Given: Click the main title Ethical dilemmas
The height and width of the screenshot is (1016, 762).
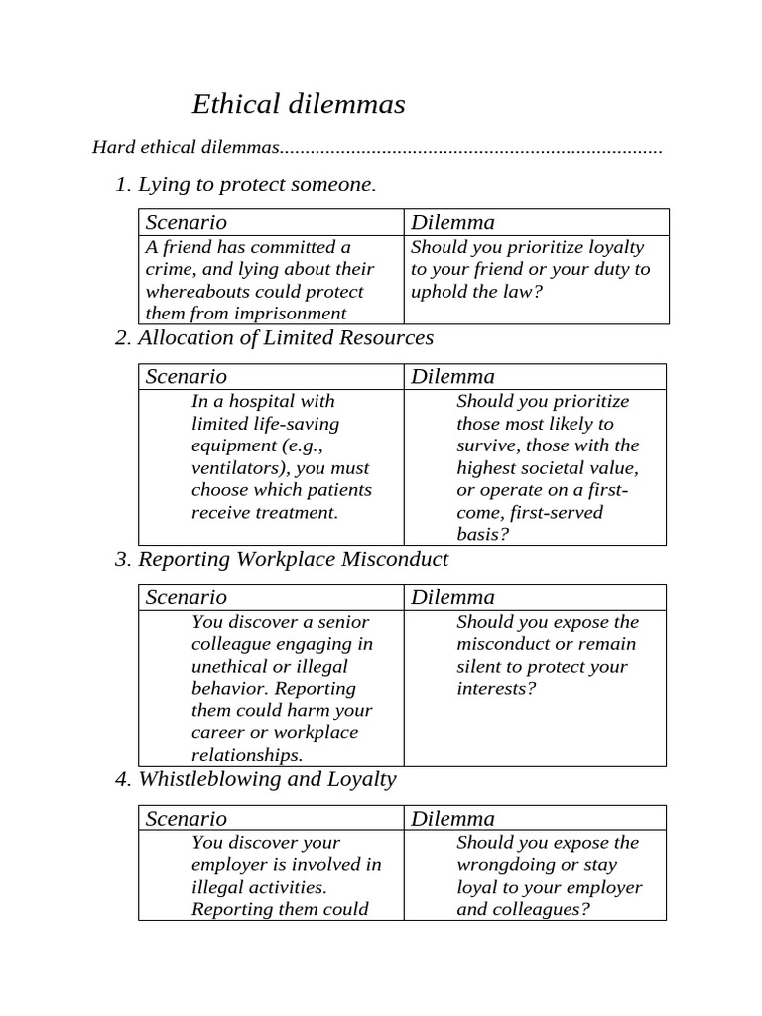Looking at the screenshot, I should [x=298, y=105].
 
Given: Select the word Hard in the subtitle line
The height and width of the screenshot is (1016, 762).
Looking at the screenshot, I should [x=112, y=148].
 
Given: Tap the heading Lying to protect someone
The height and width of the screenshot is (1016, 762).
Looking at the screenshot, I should [x=257, y=185].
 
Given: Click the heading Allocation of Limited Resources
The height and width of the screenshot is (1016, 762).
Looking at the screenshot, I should [x=286, y=338].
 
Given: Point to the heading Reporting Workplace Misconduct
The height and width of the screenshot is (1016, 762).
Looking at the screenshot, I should [x=293, y=560].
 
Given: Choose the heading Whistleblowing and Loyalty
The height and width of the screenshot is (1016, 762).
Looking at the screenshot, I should [x=267, y=780].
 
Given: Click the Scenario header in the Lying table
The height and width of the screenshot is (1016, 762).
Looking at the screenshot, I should [x=186, y=222].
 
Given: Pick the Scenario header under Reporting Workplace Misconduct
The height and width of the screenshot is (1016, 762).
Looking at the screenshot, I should [x=186, y=597].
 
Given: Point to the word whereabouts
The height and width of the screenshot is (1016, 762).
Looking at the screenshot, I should [x=198, y=292].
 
